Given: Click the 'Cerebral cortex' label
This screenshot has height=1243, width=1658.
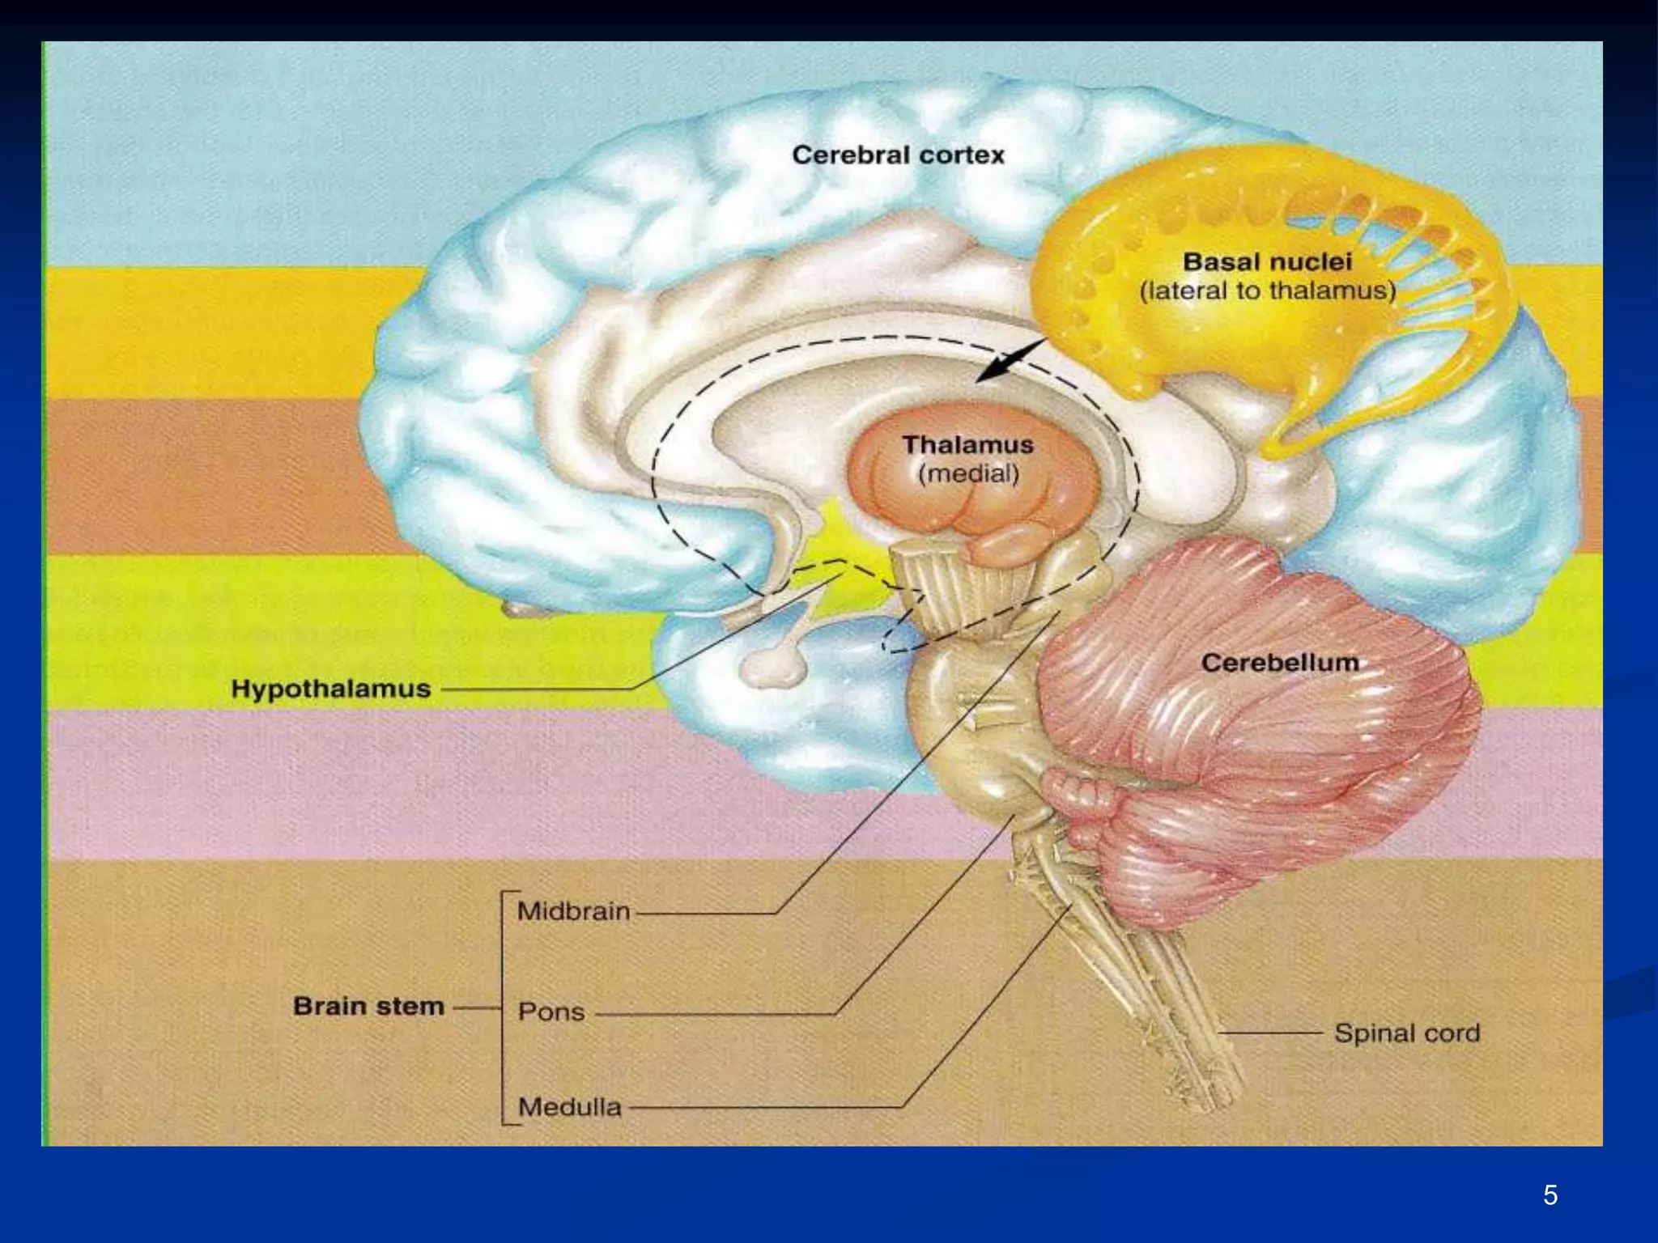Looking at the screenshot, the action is click(x=898, y=155).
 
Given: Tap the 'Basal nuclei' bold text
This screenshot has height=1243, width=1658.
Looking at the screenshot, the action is click(x=1268, y=261).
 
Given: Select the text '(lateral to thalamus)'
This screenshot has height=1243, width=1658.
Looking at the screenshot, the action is click(x=1268, y=291).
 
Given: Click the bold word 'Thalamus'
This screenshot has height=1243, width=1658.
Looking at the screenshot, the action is click(x=967, y=444).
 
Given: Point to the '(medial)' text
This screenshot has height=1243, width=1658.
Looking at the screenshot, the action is click(x=967, y=473).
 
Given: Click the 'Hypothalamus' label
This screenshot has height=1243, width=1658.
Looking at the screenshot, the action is click(x=330, y=689).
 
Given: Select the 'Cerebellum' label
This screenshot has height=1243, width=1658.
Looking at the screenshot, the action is click(x=1280, y=663).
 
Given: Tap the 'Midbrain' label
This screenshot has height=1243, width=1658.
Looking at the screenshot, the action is click(x=573, y=911).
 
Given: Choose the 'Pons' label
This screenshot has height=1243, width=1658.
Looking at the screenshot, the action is click(x=551, y=1012).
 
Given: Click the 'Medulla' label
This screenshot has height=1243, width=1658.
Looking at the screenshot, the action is click(x=569, y=1106).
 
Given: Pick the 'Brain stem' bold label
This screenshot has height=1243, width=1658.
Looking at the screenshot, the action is click(x=368, y=1006).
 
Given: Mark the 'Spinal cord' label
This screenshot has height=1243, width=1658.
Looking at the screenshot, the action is click(x=1407, y=1033).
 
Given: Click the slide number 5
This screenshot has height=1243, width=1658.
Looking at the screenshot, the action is click(x=1550, y=1195).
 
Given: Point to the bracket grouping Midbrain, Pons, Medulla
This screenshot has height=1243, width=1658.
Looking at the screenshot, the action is click(x=504, y=1008).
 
